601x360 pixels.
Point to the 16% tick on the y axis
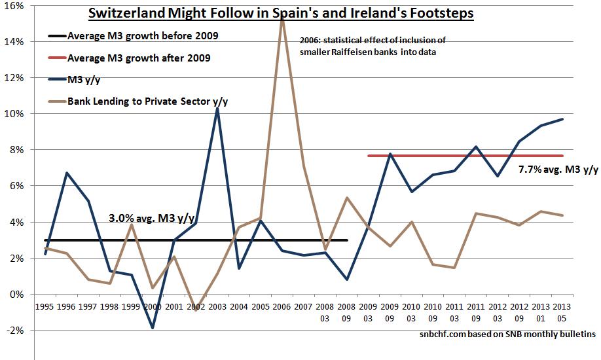(14, 5)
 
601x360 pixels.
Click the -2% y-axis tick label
(14, 331)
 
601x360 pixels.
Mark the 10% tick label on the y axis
(14, 114)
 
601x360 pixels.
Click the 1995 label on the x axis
(44, 305)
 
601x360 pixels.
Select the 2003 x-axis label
(216, 305)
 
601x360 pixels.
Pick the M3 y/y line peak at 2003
(217, 108)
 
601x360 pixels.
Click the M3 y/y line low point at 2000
(152, 328)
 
